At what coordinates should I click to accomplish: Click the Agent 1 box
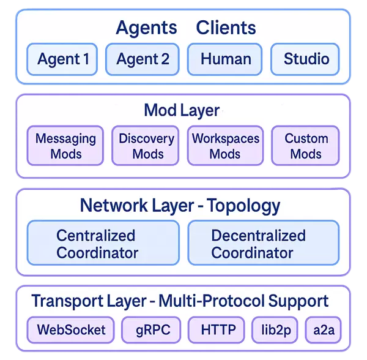[62, 59]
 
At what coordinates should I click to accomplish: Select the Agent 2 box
[143, 59]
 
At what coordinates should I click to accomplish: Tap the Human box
[225, 59]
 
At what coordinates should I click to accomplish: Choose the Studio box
[305, 59]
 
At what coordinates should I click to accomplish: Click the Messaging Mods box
[65, 146]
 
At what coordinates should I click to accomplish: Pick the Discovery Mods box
[146, 146]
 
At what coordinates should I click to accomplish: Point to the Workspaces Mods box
[225, 146]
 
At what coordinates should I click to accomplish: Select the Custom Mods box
[305, 146]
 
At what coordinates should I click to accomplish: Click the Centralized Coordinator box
[103, 244]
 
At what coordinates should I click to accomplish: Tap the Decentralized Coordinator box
[263, 244]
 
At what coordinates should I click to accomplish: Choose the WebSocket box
[71, 330]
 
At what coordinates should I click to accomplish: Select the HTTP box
[218, 330]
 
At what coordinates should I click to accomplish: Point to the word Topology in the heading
[243, 205]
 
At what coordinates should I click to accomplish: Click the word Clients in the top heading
[226, 28]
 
